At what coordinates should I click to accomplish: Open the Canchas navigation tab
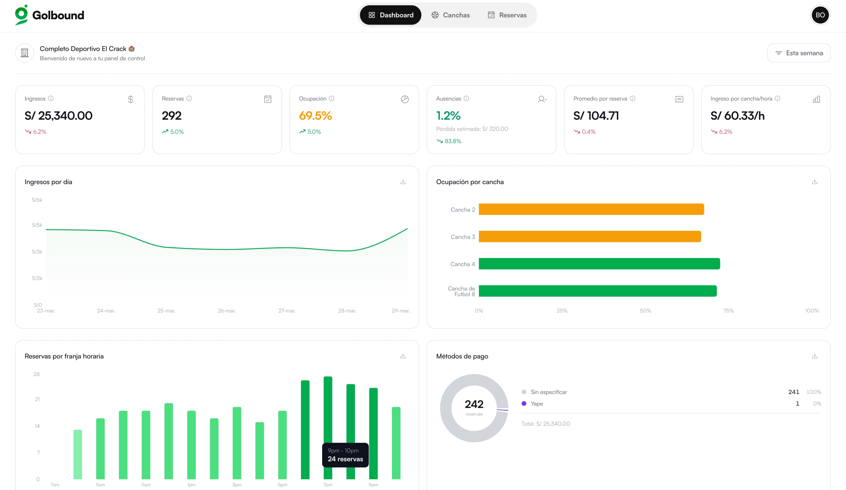[450, 15]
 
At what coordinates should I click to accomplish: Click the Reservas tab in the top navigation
[507, 15]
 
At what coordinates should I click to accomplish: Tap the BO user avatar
[820, 15]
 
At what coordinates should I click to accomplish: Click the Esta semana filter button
[799, 53]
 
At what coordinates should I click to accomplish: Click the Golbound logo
[50, 15]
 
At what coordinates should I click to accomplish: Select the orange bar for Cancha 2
[591, 210]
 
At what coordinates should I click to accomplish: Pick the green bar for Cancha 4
[599, 264]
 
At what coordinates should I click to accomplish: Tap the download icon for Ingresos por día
[403, 182]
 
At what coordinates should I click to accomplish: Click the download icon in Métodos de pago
[815, 356]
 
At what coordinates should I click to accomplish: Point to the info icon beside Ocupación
[331, 98]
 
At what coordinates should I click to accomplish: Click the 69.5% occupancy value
[315, 116]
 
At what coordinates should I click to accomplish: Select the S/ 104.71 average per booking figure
[596, 116]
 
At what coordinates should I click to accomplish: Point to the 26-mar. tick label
[227, 311]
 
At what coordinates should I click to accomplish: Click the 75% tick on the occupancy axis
[728, 311]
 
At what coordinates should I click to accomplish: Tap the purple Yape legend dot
[524, 403]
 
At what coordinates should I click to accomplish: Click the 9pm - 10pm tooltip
[345, 455]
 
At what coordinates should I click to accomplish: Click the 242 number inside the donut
[474, 404]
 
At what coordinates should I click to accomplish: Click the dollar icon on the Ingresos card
[131, 99]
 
